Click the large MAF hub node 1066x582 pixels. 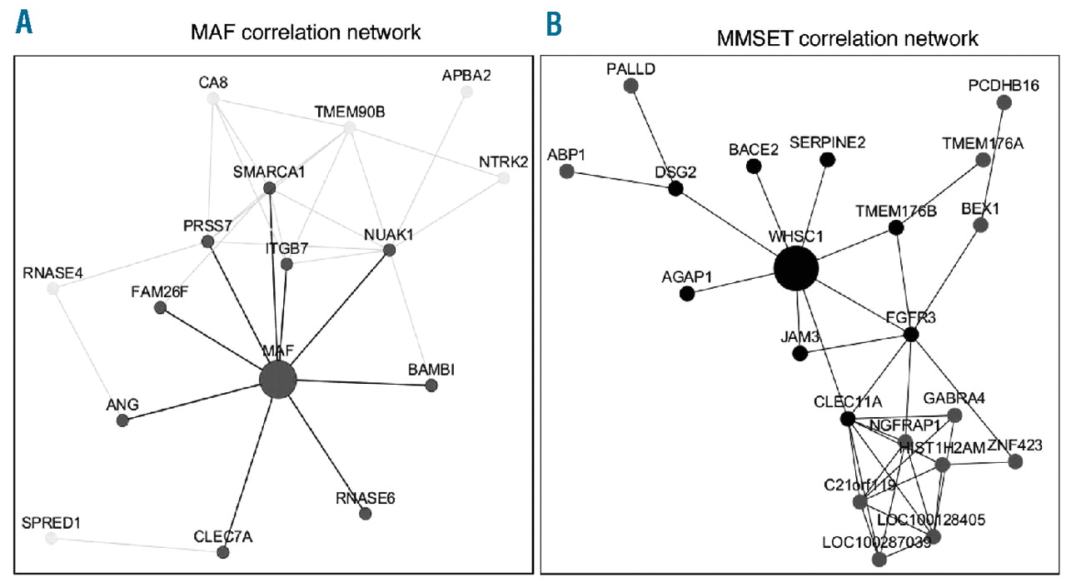pyautogui.click(x=278, y=380)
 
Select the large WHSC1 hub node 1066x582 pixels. pyautogui.click(x=795, y=269)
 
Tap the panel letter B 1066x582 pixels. pyautogui.click(x=554, y=25)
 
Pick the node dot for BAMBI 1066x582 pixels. pyautogui.click(x=431, y=385)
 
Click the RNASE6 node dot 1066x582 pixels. pyautogui.click(x=365, y=514)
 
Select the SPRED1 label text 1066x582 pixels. pyautogui.click(x=53, y=522)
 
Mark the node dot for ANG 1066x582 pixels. pyautogui.click(x=123, y=420)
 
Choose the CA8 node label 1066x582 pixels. pyautogui.click(x=213, y=82)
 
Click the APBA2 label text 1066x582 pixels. pyautogui.click(x=466, y=76)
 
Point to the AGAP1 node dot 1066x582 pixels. pyautogui.click(x=687, y=293)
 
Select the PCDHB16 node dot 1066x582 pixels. pyautogui.click(x=1004, y=102)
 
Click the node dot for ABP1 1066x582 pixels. pyautogui.click(x=567, y=172)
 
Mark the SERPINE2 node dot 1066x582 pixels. pyautogui.click(x=827, y=160)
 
